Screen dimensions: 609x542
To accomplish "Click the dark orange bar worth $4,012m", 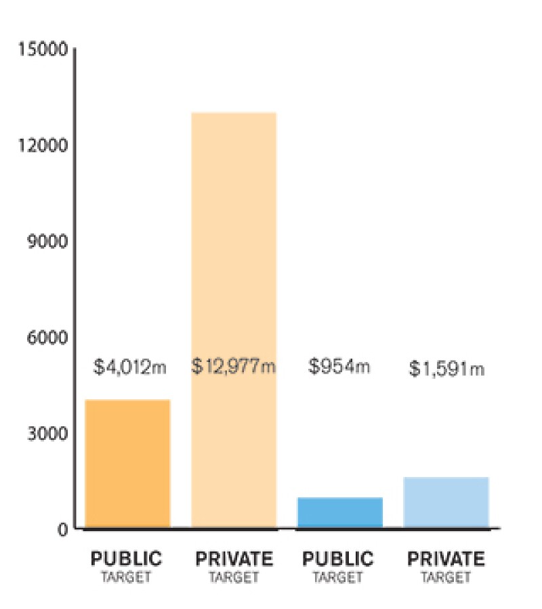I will click(127, 464).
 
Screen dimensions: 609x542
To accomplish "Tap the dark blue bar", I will click(340, 512).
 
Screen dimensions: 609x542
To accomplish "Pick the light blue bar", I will click(446, 501).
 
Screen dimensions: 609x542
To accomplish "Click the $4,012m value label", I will click(130, 367).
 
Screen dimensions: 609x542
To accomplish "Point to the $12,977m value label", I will click(234, 367).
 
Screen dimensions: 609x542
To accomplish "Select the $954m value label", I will click(339, 367).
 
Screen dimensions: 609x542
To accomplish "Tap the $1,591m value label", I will click(447, 369).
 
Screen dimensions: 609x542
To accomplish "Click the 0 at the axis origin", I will click(62, 528).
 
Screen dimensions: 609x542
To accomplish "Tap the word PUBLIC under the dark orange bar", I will click(127, 560).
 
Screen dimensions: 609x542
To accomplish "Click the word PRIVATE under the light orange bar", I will click(234, 560).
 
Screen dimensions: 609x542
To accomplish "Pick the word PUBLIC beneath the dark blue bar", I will click(339, 560).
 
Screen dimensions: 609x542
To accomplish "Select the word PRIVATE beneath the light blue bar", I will click(446, 560).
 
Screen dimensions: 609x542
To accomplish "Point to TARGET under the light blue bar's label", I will click(446, 577).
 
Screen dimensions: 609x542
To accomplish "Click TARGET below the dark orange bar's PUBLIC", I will click(127, 577).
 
